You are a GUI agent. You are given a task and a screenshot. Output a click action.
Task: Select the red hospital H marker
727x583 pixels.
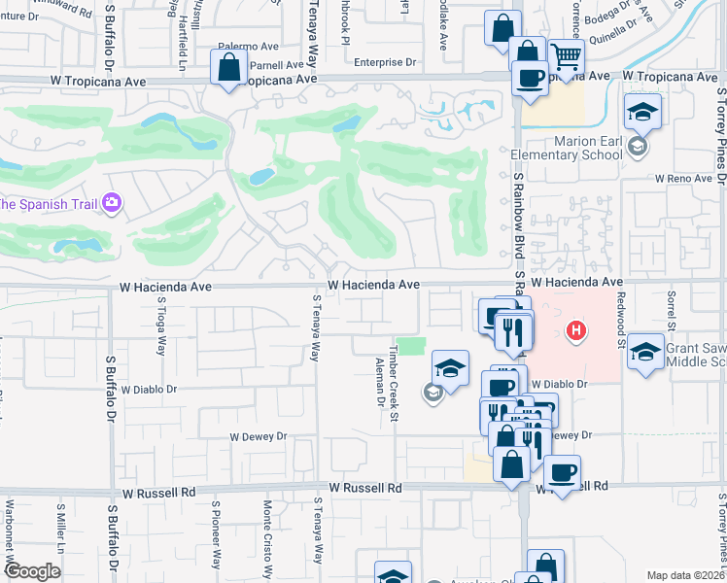click(x=577, y=331)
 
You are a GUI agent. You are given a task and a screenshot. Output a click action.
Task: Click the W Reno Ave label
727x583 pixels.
click(x=685, y=179)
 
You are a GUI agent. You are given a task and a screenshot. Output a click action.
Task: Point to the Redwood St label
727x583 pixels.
click(x=617, y=322)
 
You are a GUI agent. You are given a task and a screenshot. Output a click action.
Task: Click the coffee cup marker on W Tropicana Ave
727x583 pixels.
click(x=530, y=77)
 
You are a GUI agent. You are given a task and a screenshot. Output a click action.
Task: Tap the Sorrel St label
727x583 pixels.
click(x=670, y=311)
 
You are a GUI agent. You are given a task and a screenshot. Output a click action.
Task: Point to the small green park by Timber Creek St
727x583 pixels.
click(x=412, y=346)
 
